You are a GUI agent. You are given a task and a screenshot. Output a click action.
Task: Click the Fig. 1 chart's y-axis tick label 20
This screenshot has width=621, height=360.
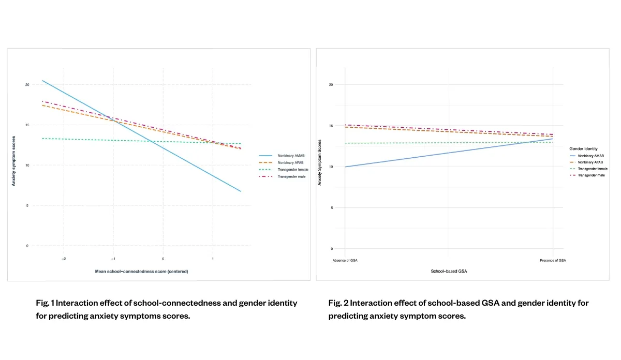tap(27, 84)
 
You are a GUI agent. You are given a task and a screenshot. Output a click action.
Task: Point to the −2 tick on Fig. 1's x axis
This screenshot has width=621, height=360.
tap(63, 258)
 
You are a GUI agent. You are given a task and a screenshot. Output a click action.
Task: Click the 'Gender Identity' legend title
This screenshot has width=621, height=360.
tap(583, 148)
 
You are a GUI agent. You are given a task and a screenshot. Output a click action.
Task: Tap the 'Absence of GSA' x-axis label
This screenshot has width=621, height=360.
tap(345, 260)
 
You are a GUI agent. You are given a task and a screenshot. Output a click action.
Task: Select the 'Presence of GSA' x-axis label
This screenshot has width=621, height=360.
tap(553, 260)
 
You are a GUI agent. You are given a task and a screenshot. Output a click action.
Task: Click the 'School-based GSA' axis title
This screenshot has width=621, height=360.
tap(449, 271)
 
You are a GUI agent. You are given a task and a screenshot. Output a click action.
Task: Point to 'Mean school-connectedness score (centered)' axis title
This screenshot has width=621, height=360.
tap(141, 271)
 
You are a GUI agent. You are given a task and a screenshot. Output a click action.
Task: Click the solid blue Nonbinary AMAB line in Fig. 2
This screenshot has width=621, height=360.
tap(449, 153)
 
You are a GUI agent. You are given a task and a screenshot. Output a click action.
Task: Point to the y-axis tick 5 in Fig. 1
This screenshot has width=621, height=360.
tap(28, 205)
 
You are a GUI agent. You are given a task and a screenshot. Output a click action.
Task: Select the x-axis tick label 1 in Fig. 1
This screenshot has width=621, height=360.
tap(213, 258)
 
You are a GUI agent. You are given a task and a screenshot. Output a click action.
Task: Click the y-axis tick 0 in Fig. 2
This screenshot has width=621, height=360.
tap(332, 249)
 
